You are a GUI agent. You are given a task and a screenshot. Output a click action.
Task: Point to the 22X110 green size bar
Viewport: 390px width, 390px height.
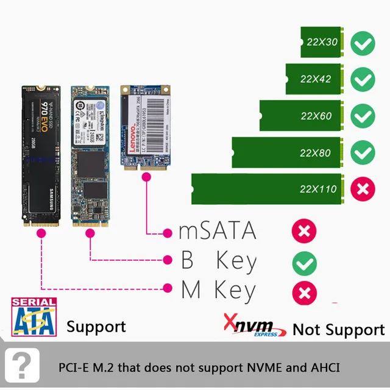268,189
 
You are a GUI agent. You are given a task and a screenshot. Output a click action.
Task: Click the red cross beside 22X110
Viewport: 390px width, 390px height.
364,188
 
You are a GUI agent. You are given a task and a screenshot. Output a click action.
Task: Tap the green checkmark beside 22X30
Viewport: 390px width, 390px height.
364,44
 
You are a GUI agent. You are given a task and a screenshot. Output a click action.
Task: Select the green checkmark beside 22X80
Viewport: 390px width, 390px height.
364,152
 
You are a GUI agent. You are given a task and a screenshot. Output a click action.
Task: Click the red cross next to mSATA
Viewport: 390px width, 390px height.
304,232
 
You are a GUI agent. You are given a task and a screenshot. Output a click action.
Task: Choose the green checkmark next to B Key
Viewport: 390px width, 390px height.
304,263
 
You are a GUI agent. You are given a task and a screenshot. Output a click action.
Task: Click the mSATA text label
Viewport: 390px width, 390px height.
218,232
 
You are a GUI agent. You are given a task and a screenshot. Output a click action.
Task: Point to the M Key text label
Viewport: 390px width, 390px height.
218,291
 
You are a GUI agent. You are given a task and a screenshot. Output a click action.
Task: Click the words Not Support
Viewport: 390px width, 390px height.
338,330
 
